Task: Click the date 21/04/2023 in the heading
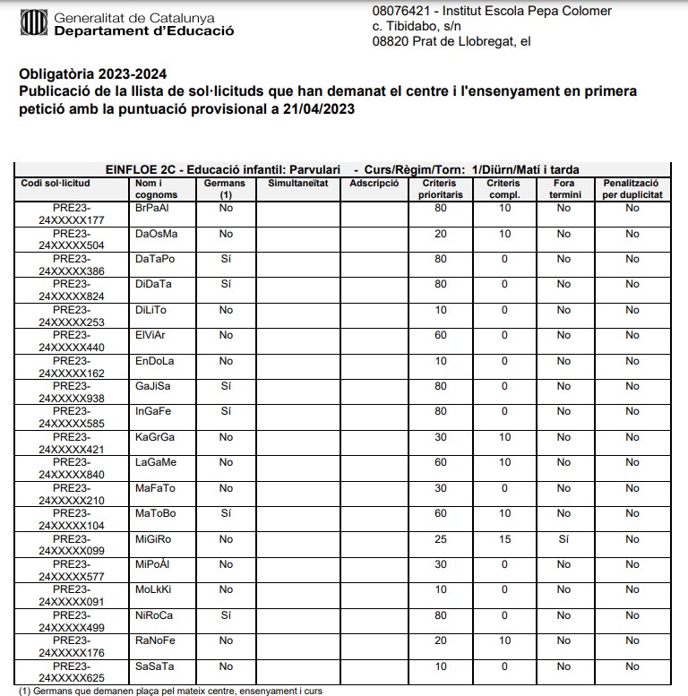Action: pos(309,109)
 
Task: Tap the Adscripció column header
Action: pos(374,183)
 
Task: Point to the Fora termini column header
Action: pos(563,188)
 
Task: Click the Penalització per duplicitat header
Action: pos(632,188)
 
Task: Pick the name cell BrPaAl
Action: pos(151,208)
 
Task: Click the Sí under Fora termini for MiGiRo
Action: pos(563,539)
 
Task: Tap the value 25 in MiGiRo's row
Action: pos(440,539)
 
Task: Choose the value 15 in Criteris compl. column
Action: pos(503,539)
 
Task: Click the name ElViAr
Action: pos(150,335)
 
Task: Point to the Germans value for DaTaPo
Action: pos(226,259)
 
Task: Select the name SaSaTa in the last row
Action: pos(155,666)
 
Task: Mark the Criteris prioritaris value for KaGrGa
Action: pos(440,437)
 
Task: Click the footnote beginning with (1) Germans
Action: pos(170,691)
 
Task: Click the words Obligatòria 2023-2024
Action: pos(92,73)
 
